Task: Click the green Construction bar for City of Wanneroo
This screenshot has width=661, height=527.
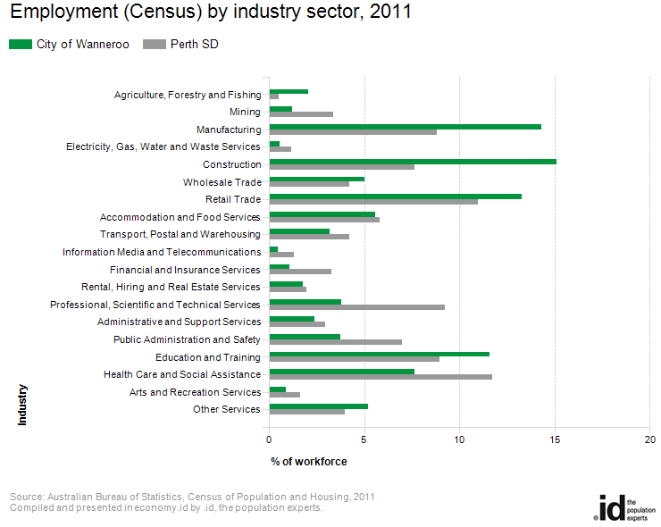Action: [413, 162]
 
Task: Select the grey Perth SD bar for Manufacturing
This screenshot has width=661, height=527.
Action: [353, 132]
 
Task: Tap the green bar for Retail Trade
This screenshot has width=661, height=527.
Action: [396, 197]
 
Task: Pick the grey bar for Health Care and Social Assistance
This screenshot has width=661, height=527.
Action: [381, 377]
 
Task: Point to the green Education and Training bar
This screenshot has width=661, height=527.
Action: [380, 354]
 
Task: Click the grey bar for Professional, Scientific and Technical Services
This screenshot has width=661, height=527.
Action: [357, 307]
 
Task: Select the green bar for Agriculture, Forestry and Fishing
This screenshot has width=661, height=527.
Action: [289, 91]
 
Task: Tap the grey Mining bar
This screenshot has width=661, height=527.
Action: [301, 114]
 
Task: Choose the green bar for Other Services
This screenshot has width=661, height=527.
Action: [319, 406]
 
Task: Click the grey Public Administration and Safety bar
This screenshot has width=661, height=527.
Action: [336, 342]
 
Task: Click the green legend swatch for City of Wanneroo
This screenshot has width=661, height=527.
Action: [21, 45]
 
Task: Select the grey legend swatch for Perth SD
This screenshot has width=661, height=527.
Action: [155, 45]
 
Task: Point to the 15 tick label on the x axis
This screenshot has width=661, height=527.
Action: [555, 439]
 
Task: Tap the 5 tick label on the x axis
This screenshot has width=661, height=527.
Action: [364, 439]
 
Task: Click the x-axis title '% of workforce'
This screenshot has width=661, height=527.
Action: [309, 462]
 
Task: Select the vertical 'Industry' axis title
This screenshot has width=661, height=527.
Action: [22, 405]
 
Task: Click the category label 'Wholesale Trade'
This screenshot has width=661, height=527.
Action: [222, 182]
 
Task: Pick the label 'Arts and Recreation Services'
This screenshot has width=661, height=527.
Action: [196, 392]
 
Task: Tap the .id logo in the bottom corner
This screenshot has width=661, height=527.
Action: [624, 508]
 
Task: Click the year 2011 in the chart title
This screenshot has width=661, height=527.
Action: [390, 12]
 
